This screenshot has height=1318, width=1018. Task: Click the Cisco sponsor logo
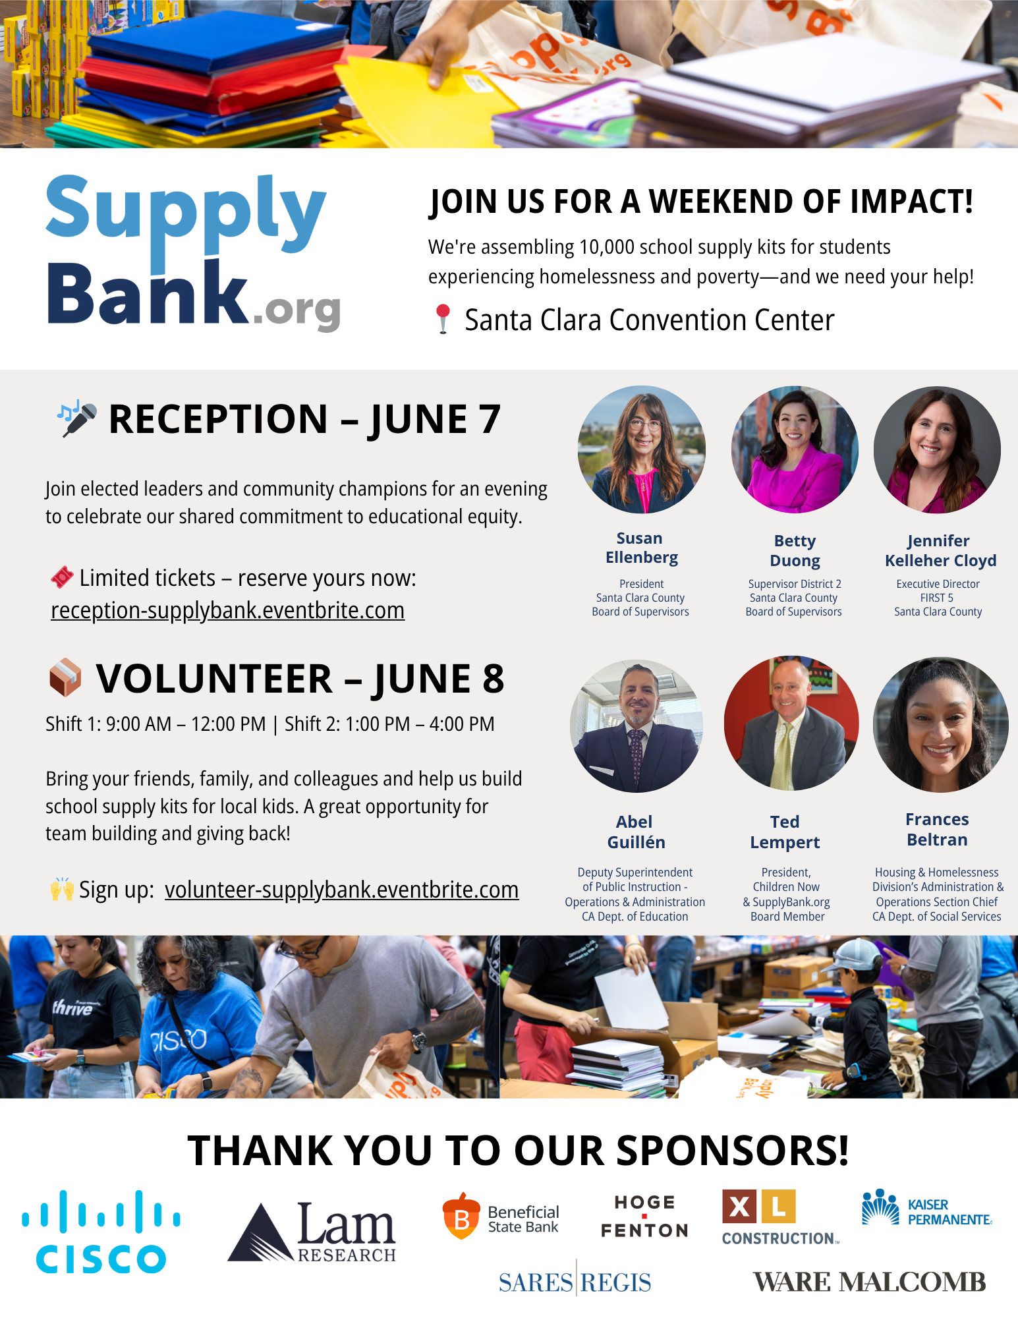(x=101, y=1231)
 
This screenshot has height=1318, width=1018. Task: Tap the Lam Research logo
(x=312, y=1232)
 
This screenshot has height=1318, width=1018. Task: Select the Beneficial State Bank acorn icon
(x=461, y=1216)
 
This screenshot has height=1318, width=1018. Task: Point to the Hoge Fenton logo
(x=644, y=1217)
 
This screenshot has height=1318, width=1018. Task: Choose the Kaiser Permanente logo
(x=926, y=1207)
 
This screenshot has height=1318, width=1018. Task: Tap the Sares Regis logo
(x=575, y=1282)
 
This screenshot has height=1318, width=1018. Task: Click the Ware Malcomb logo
(x=869, y=1282)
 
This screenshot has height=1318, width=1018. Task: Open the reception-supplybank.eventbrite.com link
(x=228, y=610)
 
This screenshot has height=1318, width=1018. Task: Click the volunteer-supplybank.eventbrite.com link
(x=341, y=890)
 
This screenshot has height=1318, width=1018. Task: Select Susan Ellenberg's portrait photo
(x=642, y=449)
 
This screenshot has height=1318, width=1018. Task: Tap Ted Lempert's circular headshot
(x=791, y=723)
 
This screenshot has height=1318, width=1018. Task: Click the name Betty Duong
(x=795, y=550)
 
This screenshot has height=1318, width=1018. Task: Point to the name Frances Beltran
(x=937, y=829)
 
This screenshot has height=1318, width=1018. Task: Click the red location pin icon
(x=443, y=319)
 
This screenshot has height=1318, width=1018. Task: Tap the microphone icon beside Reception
(x=77, y=418)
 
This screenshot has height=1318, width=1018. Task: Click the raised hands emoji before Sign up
(x=62, y=889)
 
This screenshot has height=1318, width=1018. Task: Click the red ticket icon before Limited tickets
(x=62, y=577)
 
